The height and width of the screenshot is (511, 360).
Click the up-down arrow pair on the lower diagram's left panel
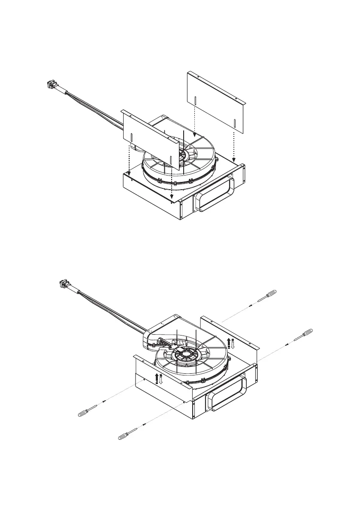[x=158, y=378]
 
